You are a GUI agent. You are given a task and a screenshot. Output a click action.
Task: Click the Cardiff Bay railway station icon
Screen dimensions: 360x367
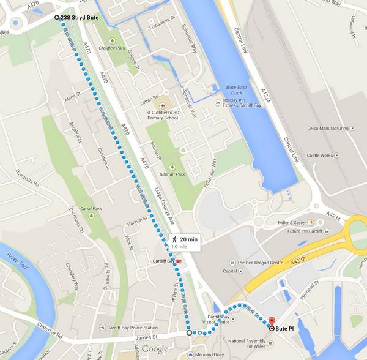click(179, 261)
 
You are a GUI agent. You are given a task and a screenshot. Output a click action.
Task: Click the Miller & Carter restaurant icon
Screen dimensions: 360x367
click(310, 221)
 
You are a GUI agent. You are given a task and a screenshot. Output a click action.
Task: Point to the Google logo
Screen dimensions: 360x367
click(155, 348)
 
